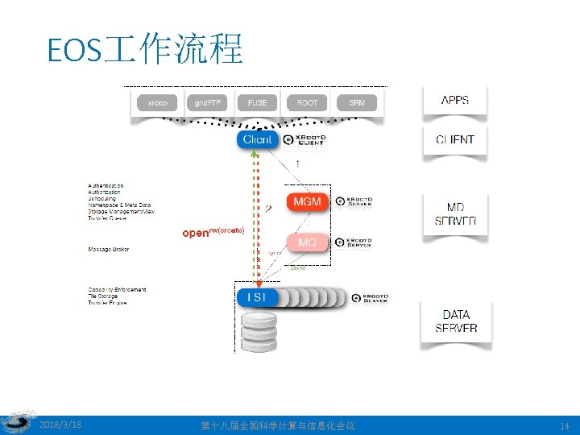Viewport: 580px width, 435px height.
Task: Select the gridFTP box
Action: click(x=208, y=102)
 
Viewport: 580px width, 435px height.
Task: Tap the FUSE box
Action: click(x=257, y=102)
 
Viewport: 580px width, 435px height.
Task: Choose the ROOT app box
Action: click(x=307, y=102)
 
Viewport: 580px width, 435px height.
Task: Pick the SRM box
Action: click(x=357, y=102)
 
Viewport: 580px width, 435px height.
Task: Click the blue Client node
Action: click(x=258, y=139)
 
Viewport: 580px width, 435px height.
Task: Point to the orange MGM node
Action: click(x=307, y=201)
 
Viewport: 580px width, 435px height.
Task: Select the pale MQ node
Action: click(x=307, y=242)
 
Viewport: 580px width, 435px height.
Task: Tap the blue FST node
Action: click(x=257, y=297)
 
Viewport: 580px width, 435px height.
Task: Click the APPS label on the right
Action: click(x=455, y=101)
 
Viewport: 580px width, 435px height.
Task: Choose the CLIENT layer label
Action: click(x=455, y=139)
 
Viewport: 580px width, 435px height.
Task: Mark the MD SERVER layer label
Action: click(x=455, y=214)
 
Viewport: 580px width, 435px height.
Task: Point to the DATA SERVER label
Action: click(x=456, y=321)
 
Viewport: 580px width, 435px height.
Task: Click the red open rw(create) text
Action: click(x=213, y=232)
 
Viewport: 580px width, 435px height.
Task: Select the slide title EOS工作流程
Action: click(x=145, y=50)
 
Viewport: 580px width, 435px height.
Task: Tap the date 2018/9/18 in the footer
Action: click(x=60, y=425)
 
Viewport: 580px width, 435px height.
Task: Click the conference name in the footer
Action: click(x=277, y=425)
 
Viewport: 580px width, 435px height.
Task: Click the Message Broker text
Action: click(x=108, y=249)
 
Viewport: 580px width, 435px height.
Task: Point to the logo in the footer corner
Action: click(x=16, y=424)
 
